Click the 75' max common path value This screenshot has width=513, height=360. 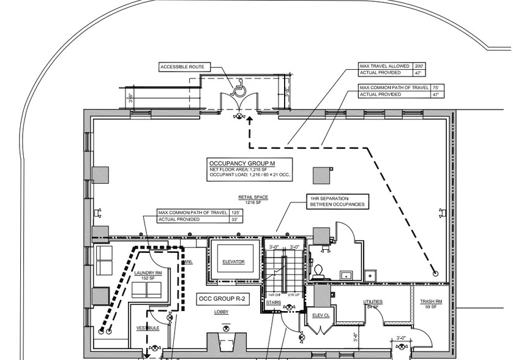point(435,88)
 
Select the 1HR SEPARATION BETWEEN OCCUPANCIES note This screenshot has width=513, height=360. point(337,201)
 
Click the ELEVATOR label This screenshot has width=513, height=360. point(233,262)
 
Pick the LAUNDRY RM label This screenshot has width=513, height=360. point(149,273)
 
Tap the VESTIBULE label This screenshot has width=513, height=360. point(148,328)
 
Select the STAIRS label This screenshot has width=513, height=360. point(273,302)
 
